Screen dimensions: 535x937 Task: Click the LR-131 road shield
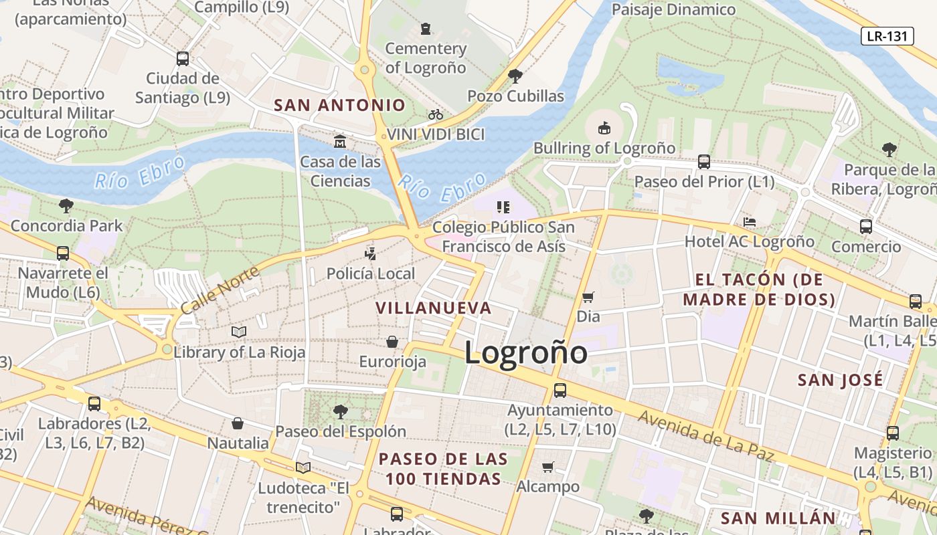click(x=887, y=36)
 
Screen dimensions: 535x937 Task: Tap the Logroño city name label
click(x=526, y=352)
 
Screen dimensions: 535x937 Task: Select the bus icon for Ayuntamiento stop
click(x=560, y=391)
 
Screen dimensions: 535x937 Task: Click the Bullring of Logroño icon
click(x=604, y=127)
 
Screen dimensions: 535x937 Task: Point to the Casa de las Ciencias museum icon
click(x=340, y=142)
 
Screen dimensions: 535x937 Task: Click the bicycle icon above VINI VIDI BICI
click(x=436, y=114)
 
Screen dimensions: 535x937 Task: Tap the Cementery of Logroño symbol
click(x=426, y=29)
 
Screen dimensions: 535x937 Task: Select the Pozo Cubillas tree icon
click(x=515, y=76)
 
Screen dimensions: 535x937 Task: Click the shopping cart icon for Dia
click(x=588, y=297)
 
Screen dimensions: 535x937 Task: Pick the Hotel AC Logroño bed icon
click(x=750, y=222)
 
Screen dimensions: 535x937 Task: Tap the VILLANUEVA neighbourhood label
click(x=434, y=308)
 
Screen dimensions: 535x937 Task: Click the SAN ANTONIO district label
click(x=340, y=105)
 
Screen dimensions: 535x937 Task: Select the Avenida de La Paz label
click(x=705, y=436)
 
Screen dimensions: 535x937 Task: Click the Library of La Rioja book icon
click(x=239, y=332)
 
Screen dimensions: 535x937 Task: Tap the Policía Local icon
click(x=371, y=253)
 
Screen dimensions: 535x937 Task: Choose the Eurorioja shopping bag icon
click(x=392, y=342)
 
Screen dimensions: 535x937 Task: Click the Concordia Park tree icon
click(x=66, y=205)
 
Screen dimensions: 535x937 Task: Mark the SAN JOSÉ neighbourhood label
click(x=841, y=380)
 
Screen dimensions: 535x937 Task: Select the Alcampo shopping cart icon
click(x=548, y=467)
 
